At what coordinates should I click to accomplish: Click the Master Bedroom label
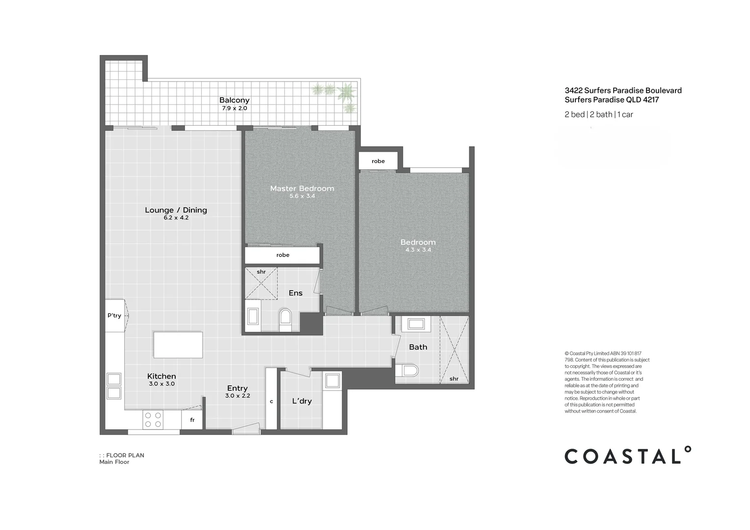[302, 188]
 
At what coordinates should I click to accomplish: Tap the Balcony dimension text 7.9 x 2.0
[234, 108]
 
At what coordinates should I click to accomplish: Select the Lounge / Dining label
[176, 210]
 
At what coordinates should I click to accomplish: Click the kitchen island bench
[178, 345]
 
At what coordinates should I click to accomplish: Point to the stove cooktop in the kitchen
[153, 420]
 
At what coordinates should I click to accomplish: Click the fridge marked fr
[192, 420]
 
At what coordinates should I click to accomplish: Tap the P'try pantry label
[114, 316]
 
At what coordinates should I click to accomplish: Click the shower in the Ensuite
[261, 283]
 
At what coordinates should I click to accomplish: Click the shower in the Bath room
[454, 349]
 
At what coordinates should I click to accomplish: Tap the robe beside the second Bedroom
[378, 161]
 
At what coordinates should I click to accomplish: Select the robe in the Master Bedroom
[283, 255]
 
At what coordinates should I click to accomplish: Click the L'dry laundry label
[302, 401]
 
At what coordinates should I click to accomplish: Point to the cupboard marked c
[271, 401]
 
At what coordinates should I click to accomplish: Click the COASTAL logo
[628, 456]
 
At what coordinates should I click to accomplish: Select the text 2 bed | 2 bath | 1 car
[598, 114]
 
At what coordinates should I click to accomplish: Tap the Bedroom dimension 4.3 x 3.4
[418, 250]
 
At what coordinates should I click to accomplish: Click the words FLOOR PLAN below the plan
[125, 455]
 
